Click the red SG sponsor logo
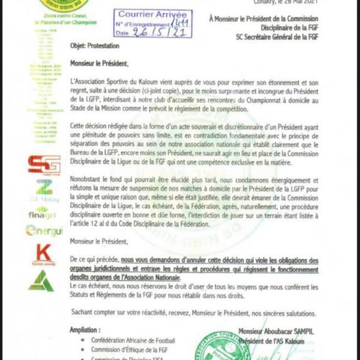pos(44,165)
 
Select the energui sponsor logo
pos(43,231)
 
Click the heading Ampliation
pos(85,330)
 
